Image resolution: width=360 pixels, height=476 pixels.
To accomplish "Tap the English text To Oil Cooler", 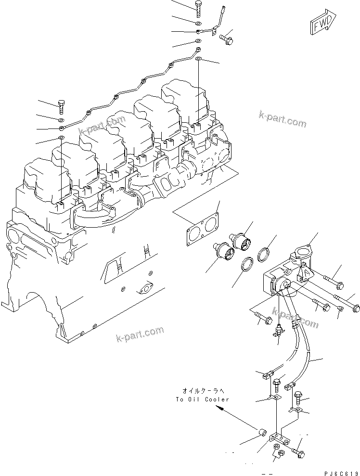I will point(203,399).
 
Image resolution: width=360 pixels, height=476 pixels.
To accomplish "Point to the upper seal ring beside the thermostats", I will point(264,254).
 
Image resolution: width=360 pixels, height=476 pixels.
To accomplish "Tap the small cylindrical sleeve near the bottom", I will point(262,432).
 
